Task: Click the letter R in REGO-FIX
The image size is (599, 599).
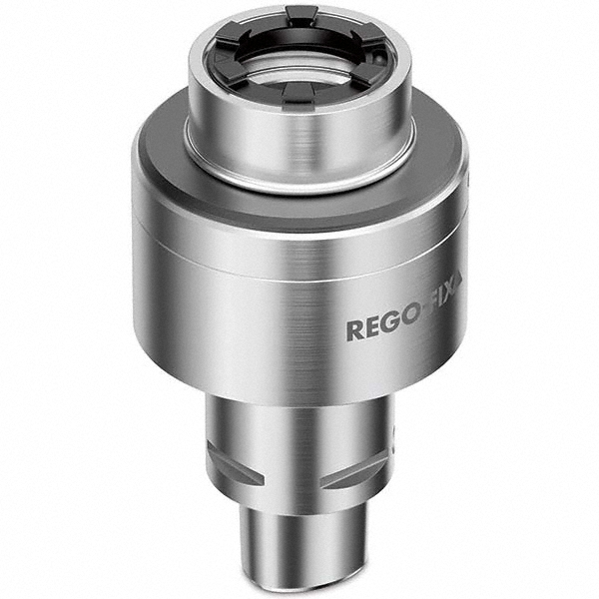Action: [x=355, y=329]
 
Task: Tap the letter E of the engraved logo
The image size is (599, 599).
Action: [x=373, y=328]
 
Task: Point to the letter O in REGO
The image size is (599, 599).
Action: [x=411, y=326]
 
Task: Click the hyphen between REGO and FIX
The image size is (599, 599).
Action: [x=426, y=324]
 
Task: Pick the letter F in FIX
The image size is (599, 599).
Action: [x=436, y=322]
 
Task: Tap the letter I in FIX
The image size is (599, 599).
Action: [x=445, y=320]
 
